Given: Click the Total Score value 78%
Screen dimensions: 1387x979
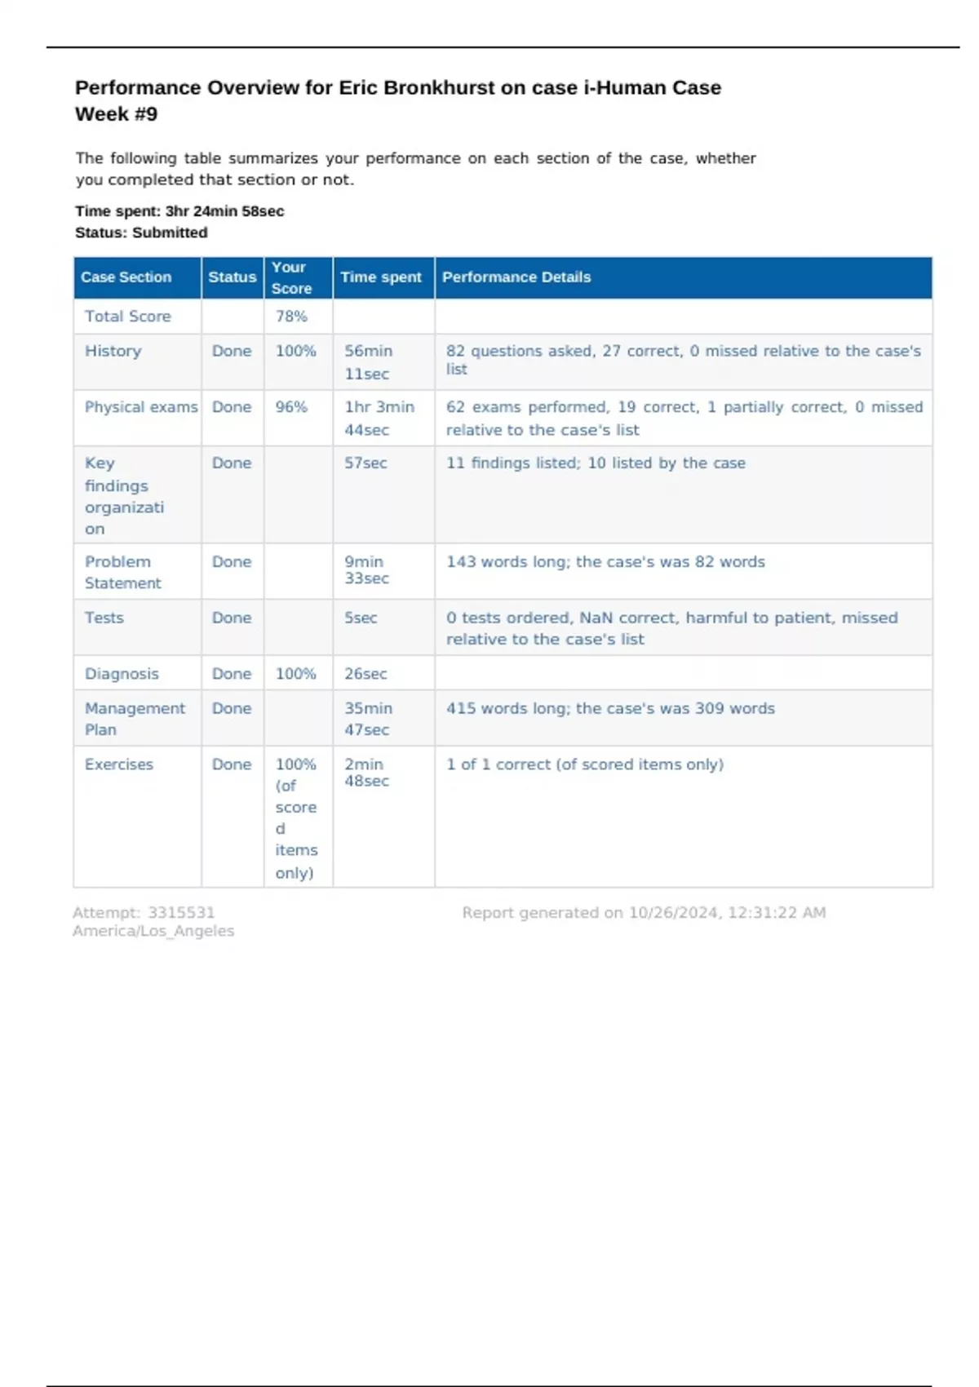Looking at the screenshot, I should click(291, 317).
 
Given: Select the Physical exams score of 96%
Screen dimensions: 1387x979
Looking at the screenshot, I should click(291, 407).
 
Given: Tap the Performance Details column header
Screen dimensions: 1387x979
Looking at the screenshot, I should click(516, 277).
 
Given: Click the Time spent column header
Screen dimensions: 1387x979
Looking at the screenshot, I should click(381, 277).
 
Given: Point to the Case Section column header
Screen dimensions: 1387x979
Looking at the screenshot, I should click(126, 277).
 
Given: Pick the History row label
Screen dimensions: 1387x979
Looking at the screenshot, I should click(113, 351).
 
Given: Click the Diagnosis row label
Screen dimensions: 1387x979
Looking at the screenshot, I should click(122, 674).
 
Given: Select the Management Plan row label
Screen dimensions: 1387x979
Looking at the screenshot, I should click(135, 719).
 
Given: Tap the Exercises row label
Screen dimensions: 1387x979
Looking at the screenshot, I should click(119, 764).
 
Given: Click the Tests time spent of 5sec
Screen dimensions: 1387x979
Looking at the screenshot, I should click(361, 618).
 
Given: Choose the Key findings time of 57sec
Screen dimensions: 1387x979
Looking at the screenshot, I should click(365, 463).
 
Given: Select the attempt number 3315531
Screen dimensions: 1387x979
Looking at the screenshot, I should click(181, 913).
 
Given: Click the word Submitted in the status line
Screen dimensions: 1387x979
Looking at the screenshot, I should click(170, 233).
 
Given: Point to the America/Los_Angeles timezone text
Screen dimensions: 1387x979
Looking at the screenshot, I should click(153, 931).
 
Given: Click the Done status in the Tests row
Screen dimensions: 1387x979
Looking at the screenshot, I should click(232, 618).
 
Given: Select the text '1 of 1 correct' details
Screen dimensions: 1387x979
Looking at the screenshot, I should click(500, 764).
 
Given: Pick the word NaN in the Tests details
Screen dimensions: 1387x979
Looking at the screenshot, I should click(596, 618).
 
